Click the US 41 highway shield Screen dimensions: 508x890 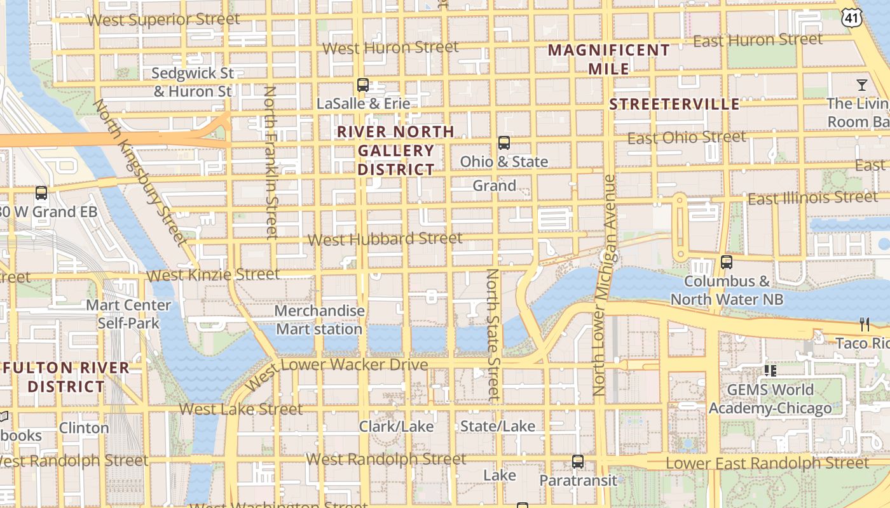point(852,18)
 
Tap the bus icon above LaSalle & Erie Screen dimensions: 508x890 point(363,84)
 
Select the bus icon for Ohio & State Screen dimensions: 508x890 point(504,143)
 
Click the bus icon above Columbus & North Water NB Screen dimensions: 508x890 point(727,262)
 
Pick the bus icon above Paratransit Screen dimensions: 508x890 point(577,462)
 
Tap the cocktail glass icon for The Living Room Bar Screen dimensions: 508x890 point(861,84)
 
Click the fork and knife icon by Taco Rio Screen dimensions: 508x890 point(864,324)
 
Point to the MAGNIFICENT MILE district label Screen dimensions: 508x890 point(609,59)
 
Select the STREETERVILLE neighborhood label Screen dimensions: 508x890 point(674,104)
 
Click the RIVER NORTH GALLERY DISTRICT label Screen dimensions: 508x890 point(395,150)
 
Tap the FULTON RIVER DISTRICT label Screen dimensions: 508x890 point(66,377)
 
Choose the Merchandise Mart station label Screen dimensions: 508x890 point(320,320)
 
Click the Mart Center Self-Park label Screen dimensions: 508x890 point(128,314)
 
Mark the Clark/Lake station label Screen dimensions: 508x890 point(397,426)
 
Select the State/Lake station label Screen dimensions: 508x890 point(498,426)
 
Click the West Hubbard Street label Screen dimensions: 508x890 point(385,239)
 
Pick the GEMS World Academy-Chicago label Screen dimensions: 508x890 point(770,399)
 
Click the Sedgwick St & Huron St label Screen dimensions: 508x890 point(193,83)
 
